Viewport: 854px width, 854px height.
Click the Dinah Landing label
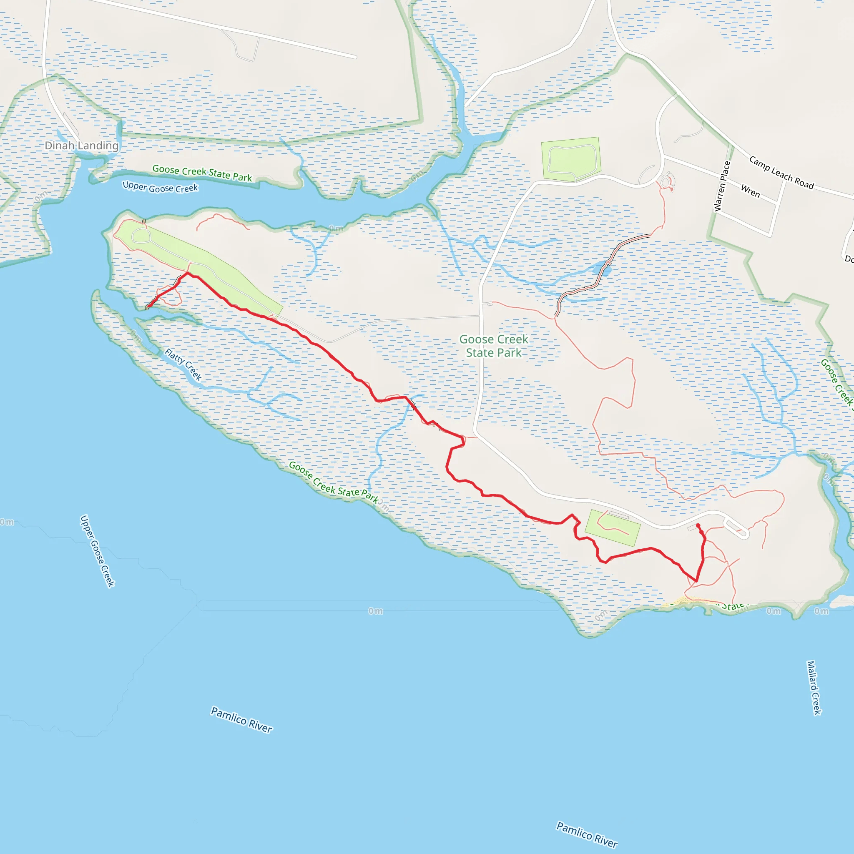click(82, 146)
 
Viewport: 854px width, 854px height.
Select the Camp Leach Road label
click(781, 172)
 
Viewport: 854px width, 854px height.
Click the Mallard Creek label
click(814, 687)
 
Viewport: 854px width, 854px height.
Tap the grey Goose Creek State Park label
click(494, 346)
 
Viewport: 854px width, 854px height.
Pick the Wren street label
click(750, 191)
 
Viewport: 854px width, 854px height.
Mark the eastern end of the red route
click(698, 525)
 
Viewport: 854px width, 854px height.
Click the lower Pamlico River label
click(587, 834)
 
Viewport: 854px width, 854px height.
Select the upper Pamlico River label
click(241, 720)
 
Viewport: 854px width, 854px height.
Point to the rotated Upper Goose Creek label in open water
click(97, 551)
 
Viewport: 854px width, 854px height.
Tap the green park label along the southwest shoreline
click(334, 482)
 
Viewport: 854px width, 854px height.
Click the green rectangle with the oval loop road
click(571, 159)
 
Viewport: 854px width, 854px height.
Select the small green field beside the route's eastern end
click(612, 528)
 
